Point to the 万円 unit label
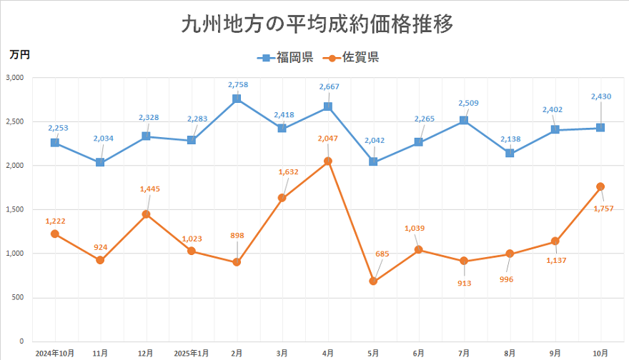click(19, 54)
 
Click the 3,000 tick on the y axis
click(14, 78)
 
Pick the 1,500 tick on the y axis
click(14, 209)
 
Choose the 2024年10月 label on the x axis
click(54, 352)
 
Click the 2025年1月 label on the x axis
click(191, 352)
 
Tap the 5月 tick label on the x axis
click(373, 352)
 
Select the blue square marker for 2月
click(237, 99)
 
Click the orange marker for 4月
click(327, 161)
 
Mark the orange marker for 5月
click(373, 281)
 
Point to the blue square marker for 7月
click(464, 121)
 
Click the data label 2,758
click(238, 85)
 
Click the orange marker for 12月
click(146, 214)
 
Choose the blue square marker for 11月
click(100, 162)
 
